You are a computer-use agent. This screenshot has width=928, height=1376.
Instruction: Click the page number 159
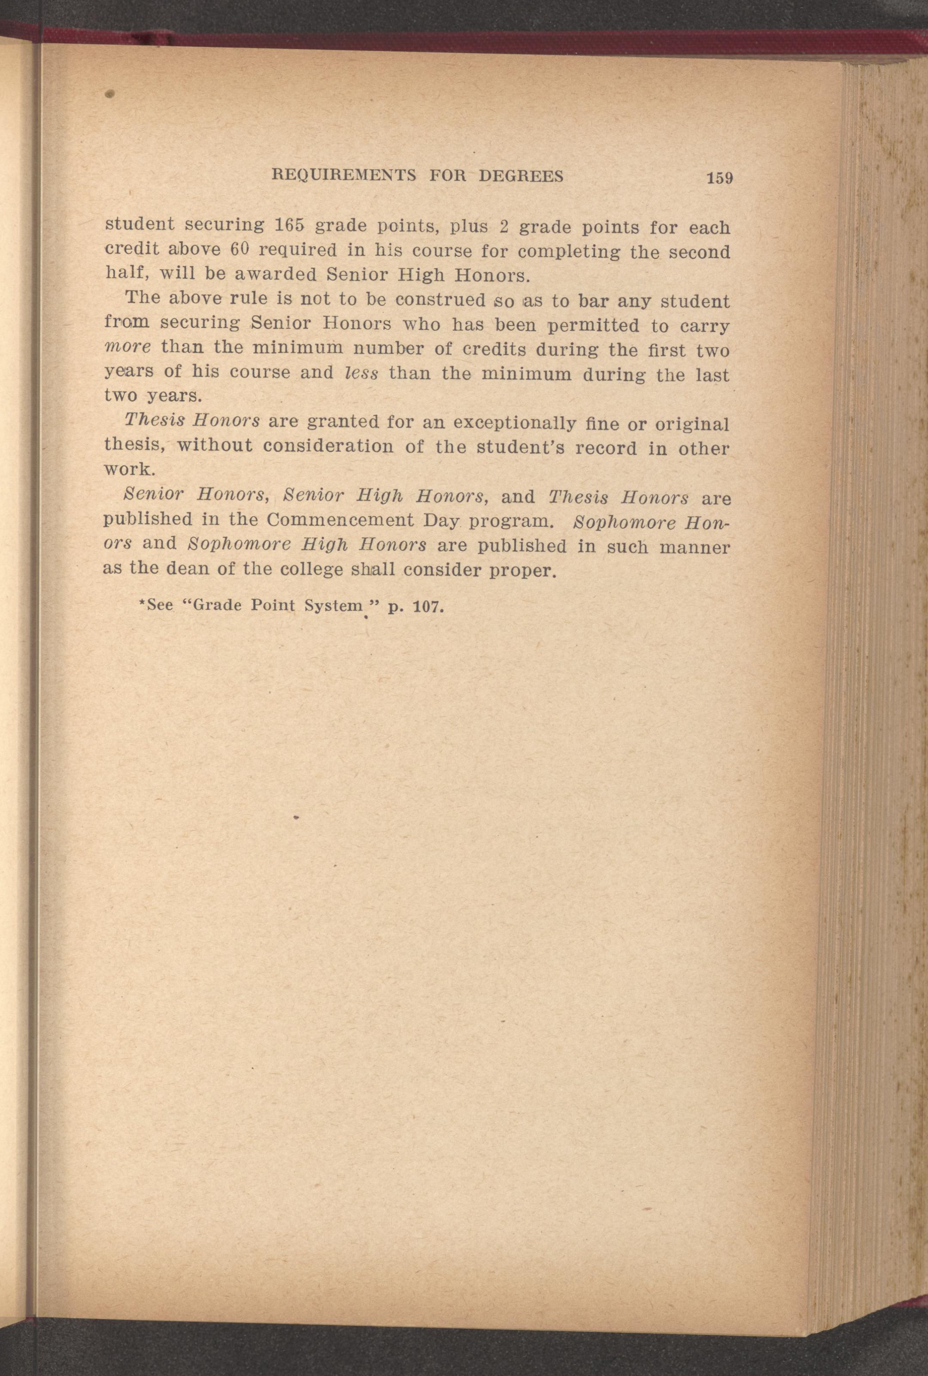719,178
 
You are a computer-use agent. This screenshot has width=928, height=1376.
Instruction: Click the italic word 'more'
127,347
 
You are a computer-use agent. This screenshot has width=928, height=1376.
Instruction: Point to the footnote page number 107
427,607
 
